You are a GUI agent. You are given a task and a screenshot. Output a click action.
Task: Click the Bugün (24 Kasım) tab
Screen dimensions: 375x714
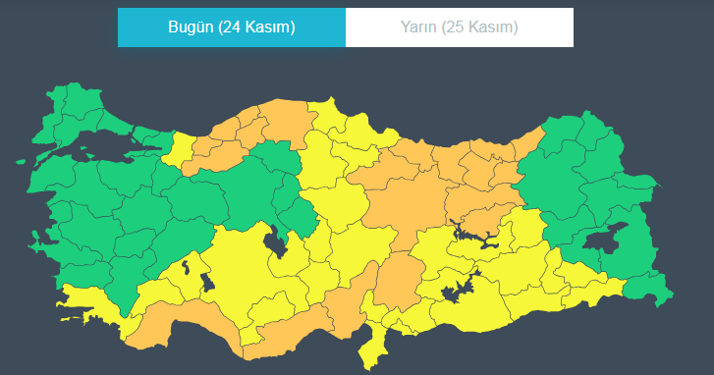click(231, 27)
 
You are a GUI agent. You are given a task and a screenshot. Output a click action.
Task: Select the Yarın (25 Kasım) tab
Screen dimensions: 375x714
click(460, 27)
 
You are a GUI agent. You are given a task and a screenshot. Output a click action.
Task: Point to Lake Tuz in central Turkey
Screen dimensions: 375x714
click(275, 241)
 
